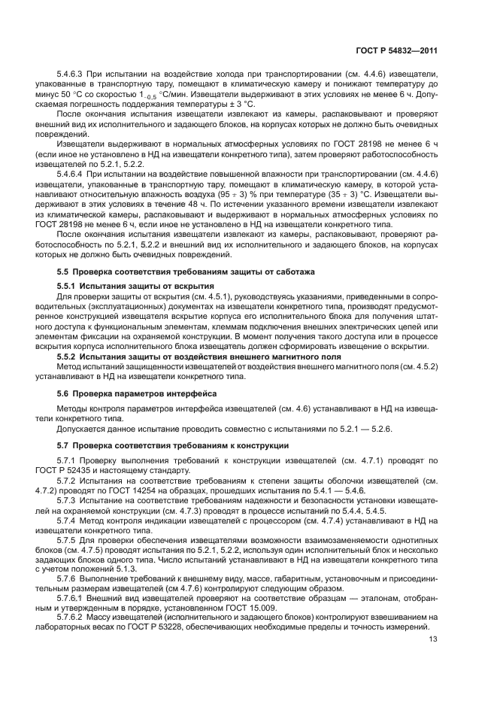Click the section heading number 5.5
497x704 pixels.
click(x=64, y=271)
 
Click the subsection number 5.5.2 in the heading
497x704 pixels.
click(x=69, y=356)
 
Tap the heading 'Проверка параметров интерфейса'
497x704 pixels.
click(x=144, y=393)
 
